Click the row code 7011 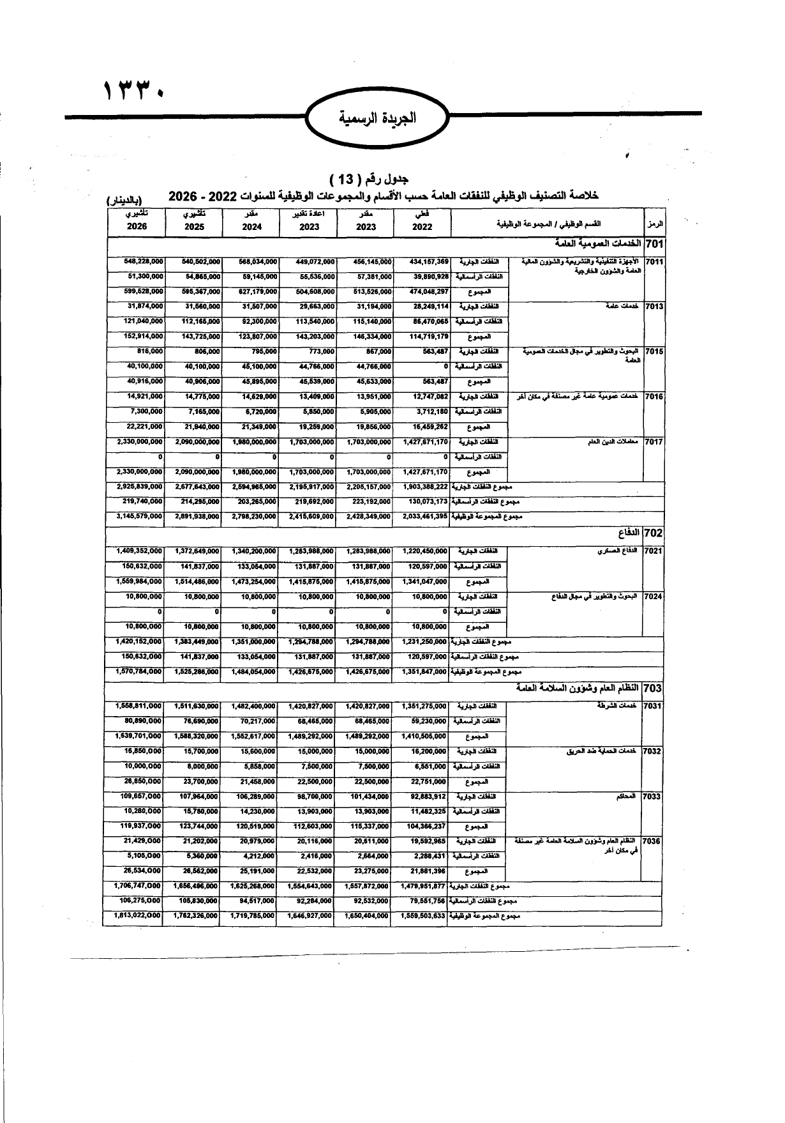[x=654, y=262]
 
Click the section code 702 [x=654, y=533]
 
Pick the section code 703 [x=654, y=688]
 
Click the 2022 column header [x=422, y=226]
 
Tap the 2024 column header [x=251, y=226]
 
